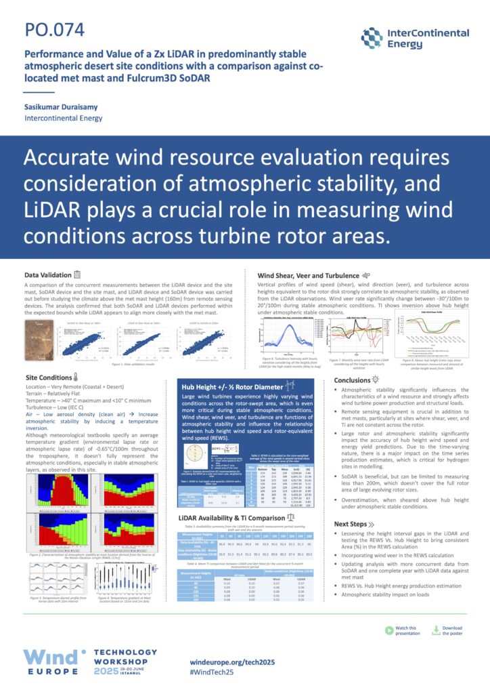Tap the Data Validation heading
pyautogui.click(x=47, y=274)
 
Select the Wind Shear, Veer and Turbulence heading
pyautogui.click(x=308, y=275)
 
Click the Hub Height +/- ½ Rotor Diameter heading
pyautogui.click(x=228, y=386)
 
